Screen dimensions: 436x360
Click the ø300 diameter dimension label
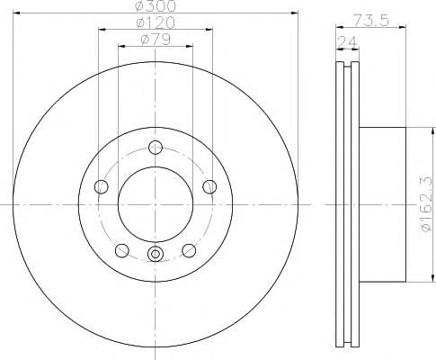(156, 5)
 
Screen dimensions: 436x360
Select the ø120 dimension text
(156, 22)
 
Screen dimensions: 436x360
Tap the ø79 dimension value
(156, 40)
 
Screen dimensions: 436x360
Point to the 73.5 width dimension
(370, 20)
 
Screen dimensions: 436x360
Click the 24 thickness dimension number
(348, 42)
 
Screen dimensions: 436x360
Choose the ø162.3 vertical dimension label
(427, 204)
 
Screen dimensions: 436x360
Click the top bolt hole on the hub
(156, 148)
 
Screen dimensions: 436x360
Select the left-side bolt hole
(101, 187)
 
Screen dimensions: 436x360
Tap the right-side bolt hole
(209, 187)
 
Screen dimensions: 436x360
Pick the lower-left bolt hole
(122, 250)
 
